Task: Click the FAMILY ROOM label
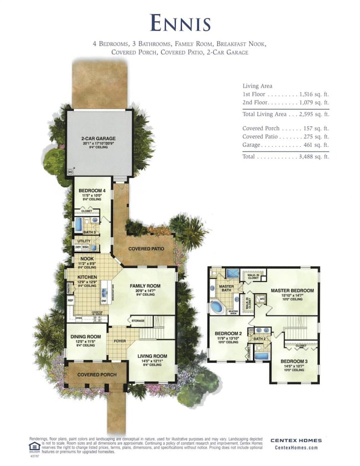tap(145, 286)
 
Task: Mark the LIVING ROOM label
tap(152, 356)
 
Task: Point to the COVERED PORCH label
tap(96, 375)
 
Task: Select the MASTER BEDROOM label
tap(292, 290)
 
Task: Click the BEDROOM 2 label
tap(228, 333)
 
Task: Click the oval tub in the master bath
tap(219, 307)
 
